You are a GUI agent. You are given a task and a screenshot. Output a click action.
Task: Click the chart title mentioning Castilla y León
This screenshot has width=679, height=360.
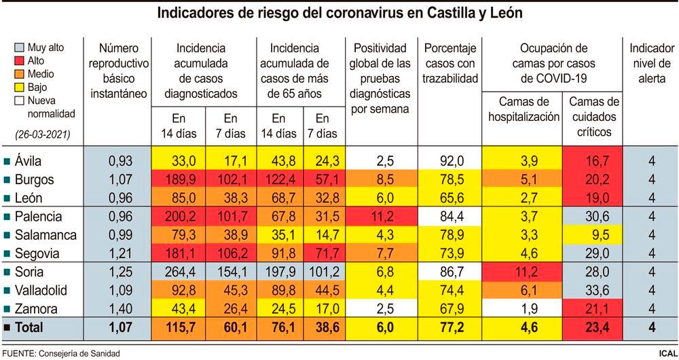(339, 14)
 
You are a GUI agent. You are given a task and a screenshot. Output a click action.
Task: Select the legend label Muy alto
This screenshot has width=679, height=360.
(46, 48)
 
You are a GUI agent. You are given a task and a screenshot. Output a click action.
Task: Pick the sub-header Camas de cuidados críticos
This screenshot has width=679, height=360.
(593, 117)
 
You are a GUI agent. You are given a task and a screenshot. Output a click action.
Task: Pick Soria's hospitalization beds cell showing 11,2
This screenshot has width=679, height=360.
(522, 272)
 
